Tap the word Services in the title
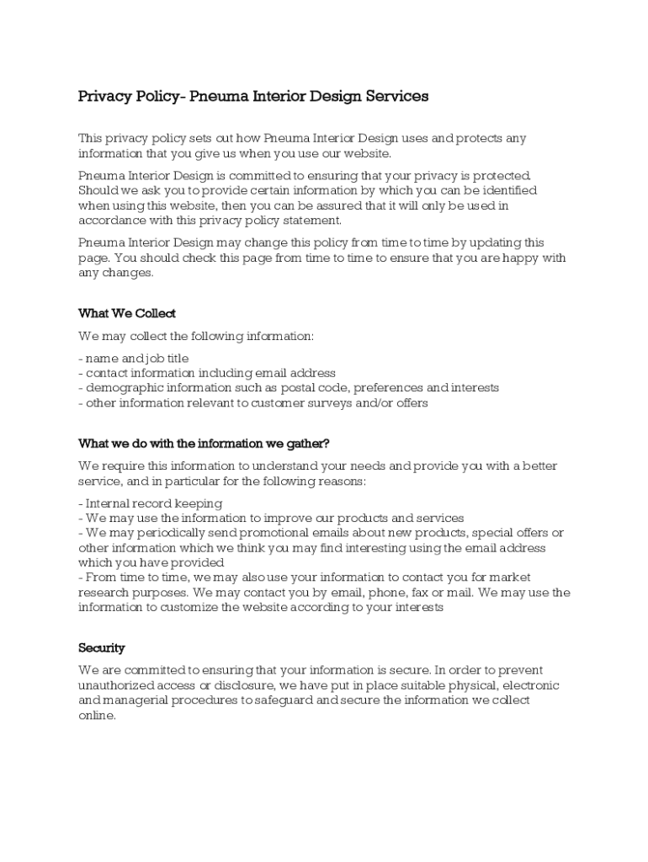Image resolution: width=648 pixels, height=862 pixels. pos(396,97)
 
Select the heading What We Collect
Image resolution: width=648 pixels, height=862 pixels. pos(127,314)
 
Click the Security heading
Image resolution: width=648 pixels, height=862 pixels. pos(102,648)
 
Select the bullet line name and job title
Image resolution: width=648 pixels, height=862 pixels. pos(134,359)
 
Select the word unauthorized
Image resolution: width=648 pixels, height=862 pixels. pos(120,686)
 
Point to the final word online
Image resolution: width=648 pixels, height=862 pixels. pos(96,716)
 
